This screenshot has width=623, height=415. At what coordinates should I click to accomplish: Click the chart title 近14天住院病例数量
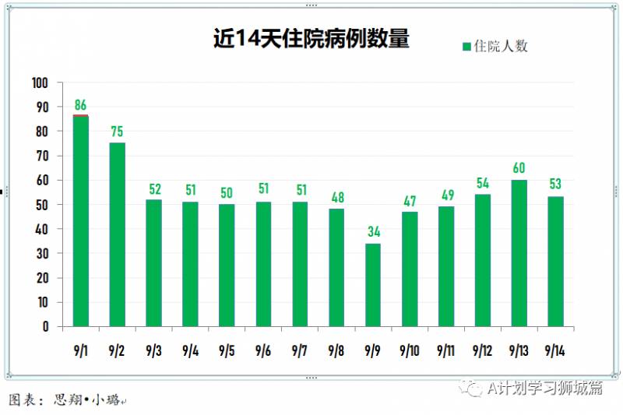point(311,40)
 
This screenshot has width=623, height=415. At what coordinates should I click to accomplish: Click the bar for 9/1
point(81,221)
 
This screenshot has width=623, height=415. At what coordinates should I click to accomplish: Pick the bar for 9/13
point(519,253)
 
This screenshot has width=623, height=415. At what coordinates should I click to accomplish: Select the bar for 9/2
point(118,234)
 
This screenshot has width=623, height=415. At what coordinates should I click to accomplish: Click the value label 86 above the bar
point(81,105)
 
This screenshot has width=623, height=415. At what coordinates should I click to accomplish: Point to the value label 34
point(373,232)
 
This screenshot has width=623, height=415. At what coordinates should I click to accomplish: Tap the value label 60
point(519,168)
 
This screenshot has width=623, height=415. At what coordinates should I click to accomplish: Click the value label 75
point(118,132)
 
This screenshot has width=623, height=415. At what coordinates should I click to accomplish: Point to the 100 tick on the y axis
point(40,83)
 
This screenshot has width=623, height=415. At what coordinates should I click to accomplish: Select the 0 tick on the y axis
point(45,327)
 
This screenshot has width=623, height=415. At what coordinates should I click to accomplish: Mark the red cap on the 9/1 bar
point(81,115)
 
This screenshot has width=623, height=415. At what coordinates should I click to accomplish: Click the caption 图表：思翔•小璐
point(66,400)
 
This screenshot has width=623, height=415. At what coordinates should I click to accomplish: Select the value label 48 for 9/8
point(336,198)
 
